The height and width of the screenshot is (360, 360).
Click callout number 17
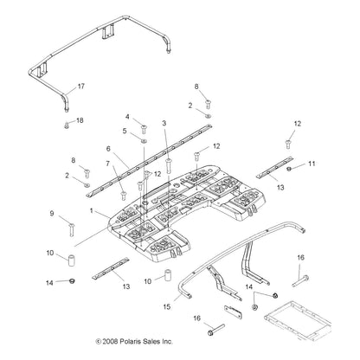tap(81, 87)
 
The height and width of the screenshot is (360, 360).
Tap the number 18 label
tap(80, 120)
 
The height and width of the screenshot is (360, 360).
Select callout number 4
tap(128, 117)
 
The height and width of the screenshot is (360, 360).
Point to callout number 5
tap(125, 132)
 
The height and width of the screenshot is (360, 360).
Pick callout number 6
tap(109, 148)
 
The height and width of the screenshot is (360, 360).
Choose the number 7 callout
tap(108, 164)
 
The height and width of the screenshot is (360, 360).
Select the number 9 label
tap(52, 213)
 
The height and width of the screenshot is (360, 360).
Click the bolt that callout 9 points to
tap(70, 228)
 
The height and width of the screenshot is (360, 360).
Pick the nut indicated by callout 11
tap(290, 168)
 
